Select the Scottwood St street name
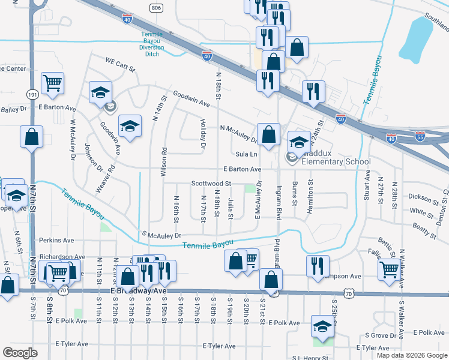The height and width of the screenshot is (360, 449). tap(211, 183)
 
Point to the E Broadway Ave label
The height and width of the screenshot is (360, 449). tap(139, 290)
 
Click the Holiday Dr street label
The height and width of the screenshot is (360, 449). tap(203, 134)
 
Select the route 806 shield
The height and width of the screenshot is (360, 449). tap(157, 7)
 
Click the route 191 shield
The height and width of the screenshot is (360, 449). tap(33, 95)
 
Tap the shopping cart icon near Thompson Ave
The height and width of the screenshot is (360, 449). tap(390, 271)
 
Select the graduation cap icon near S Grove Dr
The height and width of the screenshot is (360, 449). tap(322, 327)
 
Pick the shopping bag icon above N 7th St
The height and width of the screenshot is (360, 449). tap(31, 137)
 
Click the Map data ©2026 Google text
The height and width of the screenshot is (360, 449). tap(411, 355)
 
